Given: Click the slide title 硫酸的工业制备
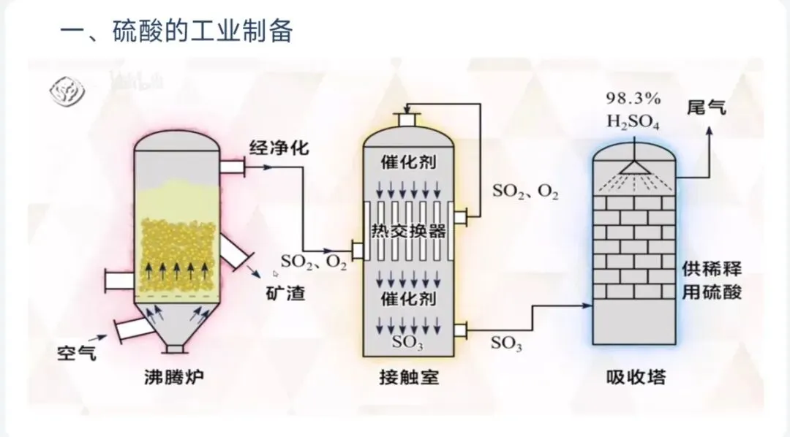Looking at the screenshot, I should [x=203, y=31].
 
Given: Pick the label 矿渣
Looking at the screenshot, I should [x=285, y=294].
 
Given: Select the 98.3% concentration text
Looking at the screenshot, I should [x=633, y=97].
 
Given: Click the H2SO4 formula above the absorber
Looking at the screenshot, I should [x=633, y=121].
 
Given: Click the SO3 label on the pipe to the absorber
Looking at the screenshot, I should [x=506, y=343].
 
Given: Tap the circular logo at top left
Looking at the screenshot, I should [x=66, y=89].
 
